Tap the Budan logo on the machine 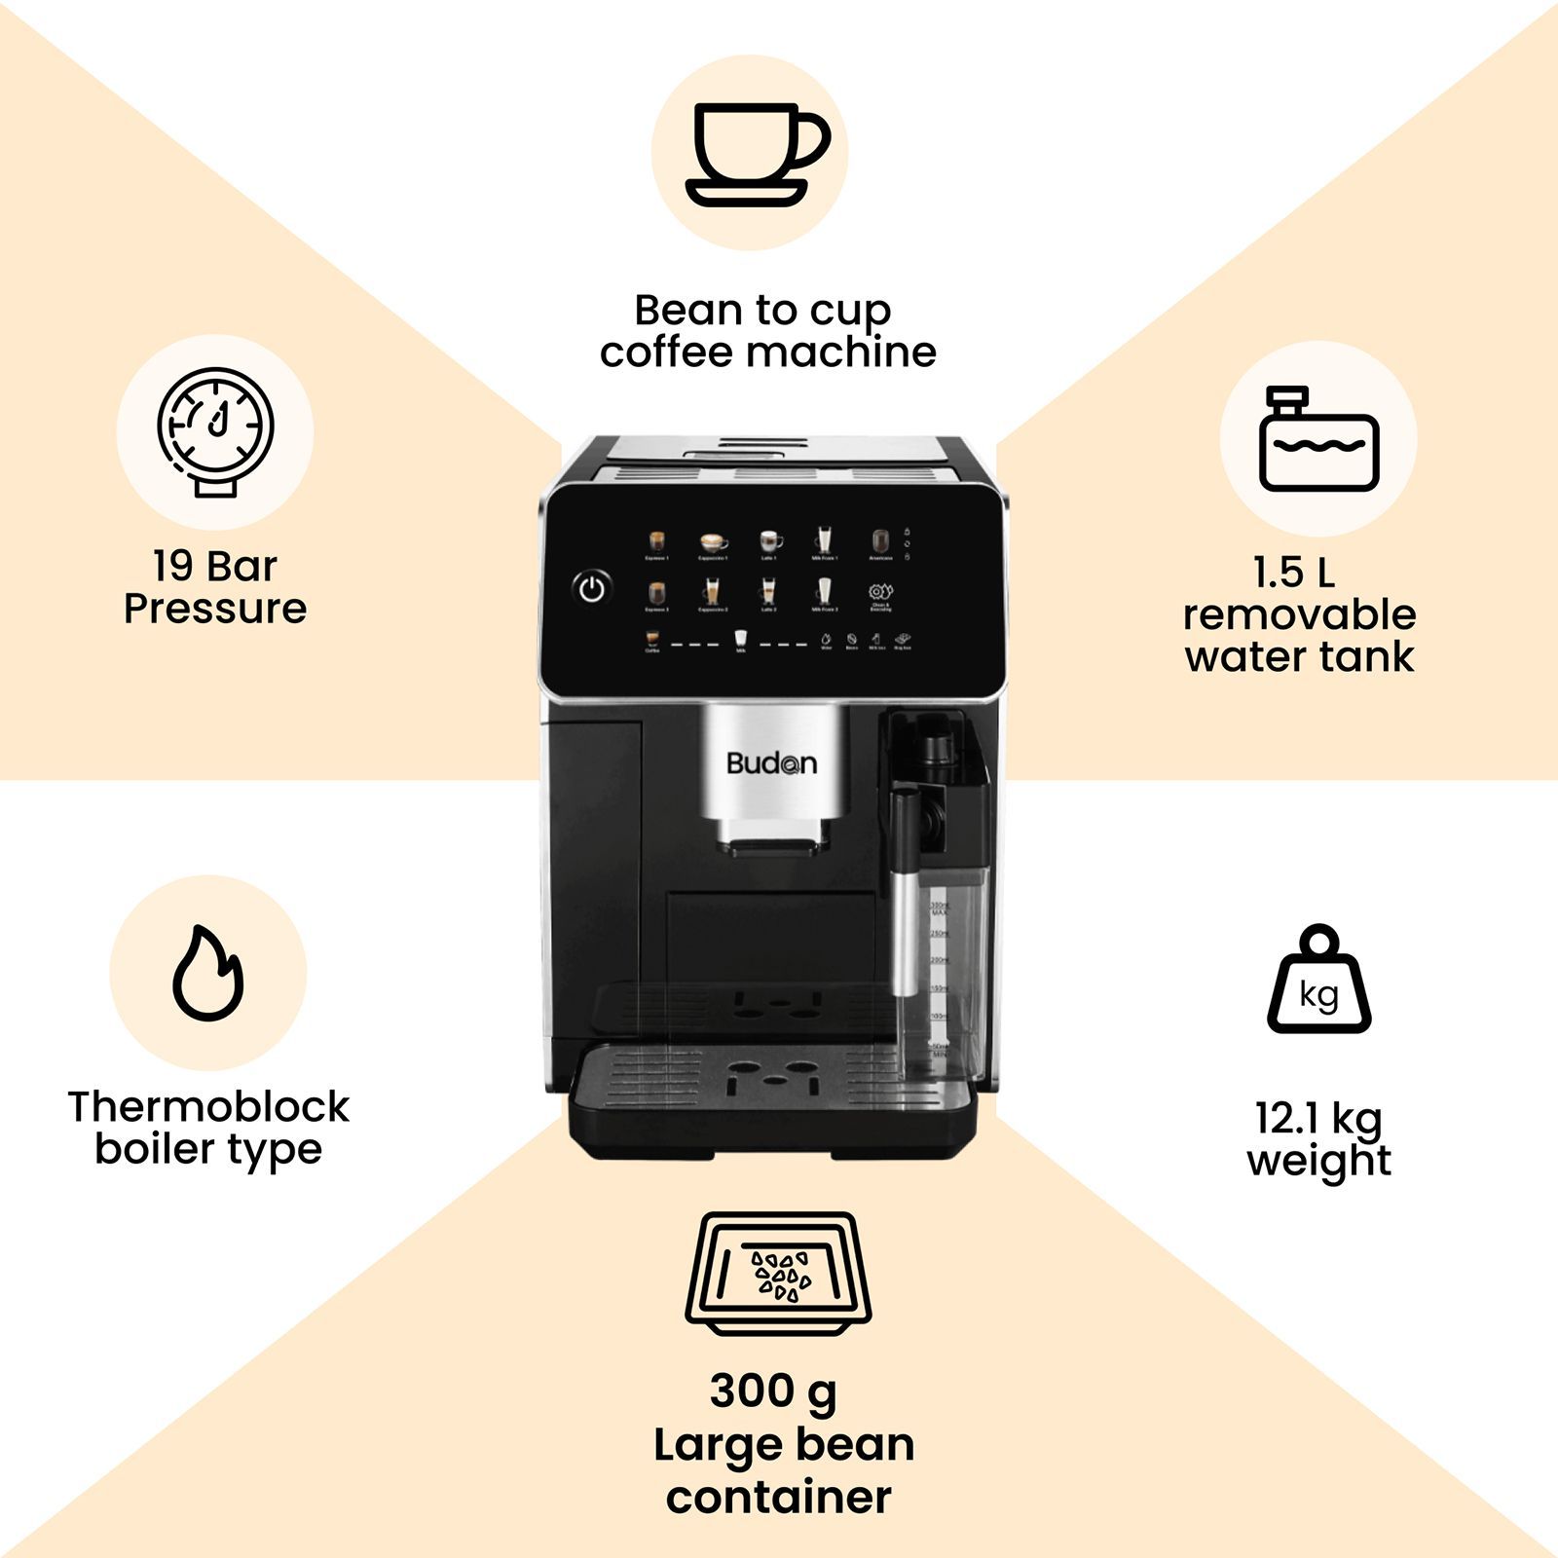[771, 763]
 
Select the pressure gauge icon [216, 431]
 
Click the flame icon [207, 973]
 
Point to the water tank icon [1318, 439]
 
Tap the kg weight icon [1318, 980]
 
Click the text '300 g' [773, 1391]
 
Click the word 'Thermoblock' [208, 1107]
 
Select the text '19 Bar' [215, 566]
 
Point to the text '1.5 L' [1293, 572]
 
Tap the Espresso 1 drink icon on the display [657, 541]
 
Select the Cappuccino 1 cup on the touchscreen [714, 541]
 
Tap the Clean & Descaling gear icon [880, 592]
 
